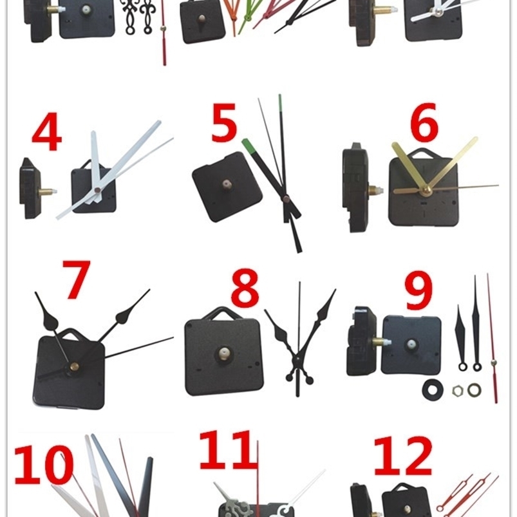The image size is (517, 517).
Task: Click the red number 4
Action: (46, 133)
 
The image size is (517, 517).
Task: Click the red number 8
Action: (245, 290)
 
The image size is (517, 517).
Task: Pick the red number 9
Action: (418, 291)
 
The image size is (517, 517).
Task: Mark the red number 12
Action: (402, 456)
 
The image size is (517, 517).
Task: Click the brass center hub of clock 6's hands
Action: (426, 189)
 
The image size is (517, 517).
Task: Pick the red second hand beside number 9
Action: (493, 341)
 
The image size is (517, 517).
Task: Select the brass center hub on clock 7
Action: (73, 367)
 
